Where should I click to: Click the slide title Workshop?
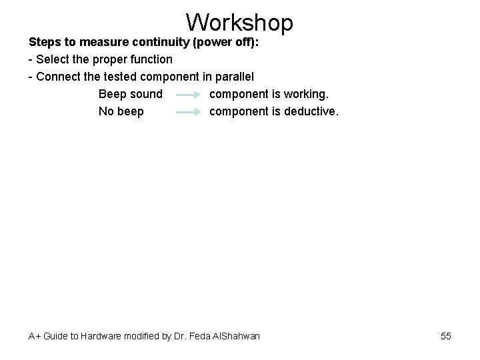(239, 22)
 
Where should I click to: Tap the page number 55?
(445, 336)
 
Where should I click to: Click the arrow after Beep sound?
(188, 95)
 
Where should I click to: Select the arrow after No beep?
(188, 112)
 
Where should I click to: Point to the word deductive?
(311, 111)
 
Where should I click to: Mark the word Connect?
(58, 77)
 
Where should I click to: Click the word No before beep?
(106, 111)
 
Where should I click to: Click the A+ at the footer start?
(34, 336)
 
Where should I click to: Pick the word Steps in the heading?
(45, 42)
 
